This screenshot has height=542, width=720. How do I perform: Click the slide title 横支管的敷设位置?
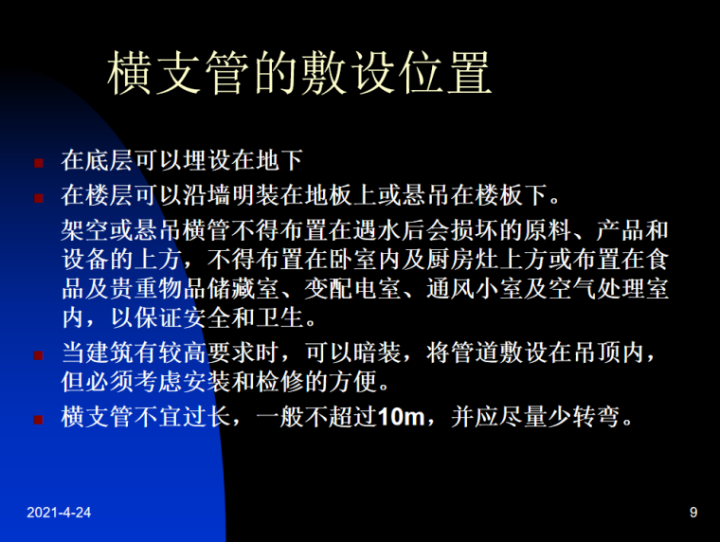tap(299, 74)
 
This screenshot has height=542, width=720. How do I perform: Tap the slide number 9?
tap(693, 513)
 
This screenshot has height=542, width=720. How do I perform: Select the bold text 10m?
tap(403, 417)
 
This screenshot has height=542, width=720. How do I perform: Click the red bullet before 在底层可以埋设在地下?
tap(39, 162)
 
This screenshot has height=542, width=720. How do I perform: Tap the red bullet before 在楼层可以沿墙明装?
tap(39, 198)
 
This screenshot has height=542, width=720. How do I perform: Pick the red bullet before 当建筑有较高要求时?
tap(39, 355)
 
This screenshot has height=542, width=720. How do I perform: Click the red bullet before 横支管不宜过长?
tap(39, 418)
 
